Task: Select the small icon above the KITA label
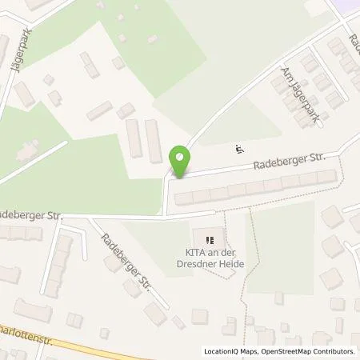click(210, 239)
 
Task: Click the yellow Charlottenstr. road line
click(96, 345)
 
